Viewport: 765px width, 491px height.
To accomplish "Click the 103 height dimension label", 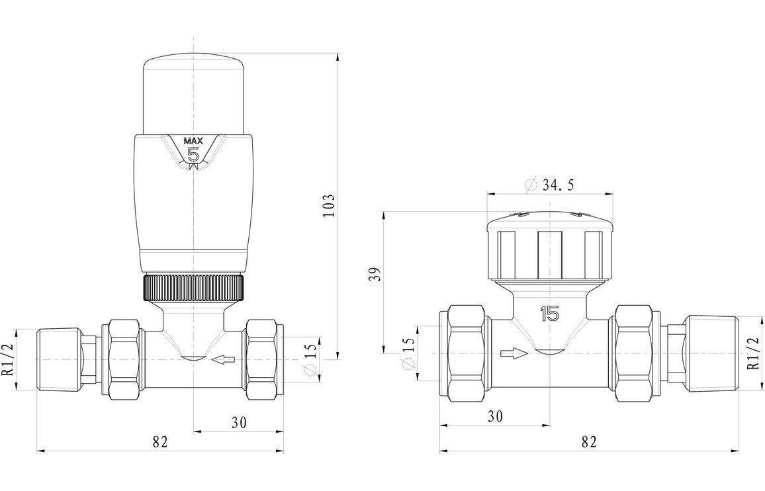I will [x=330, y=206].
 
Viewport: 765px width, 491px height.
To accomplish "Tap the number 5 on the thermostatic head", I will [x=194, y=155].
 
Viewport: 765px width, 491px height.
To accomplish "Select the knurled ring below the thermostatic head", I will [x=193, y=287].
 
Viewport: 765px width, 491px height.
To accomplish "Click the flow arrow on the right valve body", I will [x=515, y=353].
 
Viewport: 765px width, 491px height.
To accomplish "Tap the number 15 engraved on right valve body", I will [x=549, y=314].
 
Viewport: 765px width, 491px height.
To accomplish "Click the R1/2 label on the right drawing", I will [x=752, y=354].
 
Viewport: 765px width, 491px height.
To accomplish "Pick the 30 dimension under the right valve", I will [x=495, y=417].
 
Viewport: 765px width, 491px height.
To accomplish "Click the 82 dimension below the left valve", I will [x=159, y=441].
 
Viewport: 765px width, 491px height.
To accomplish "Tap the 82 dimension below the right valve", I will [x=588, y=441].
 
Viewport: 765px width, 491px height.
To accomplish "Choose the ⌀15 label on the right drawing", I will [x=408, y=353].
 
